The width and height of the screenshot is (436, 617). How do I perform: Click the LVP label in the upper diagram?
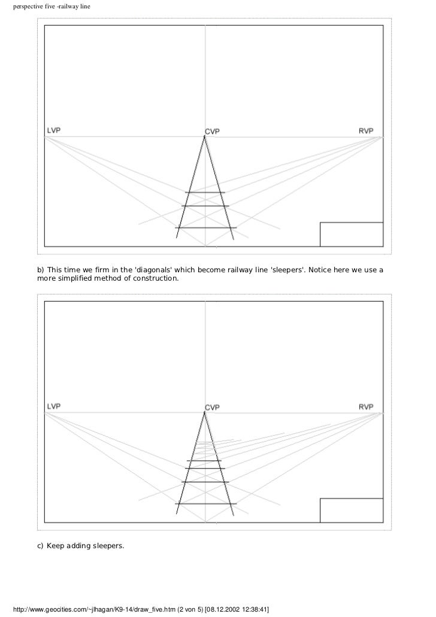click(53, 130)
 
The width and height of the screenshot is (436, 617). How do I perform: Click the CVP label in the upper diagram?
click(213, 131)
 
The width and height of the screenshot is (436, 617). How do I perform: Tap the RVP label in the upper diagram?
click(366, 130)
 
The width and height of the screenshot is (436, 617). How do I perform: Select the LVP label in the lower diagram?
click(53, 406)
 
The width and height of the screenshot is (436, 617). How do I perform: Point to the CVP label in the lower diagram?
click(213, 408)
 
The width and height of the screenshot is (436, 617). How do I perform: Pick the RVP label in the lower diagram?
click(366, 406)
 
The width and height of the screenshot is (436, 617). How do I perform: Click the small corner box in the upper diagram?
click(351, 234)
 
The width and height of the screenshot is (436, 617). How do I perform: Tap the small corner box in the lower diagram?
click(351, 510)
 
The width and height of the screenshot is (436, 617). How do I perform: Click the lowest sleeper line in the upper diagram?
click(205, 228)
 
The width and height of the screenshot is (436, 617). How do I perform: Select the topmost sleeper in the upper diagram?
click(205, 192)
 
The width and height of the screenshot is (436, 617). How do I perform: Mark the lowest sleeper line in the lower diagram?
click(205, 504)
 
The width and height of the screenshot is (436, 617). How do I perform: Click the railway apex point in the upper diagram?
click(205, 137)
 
